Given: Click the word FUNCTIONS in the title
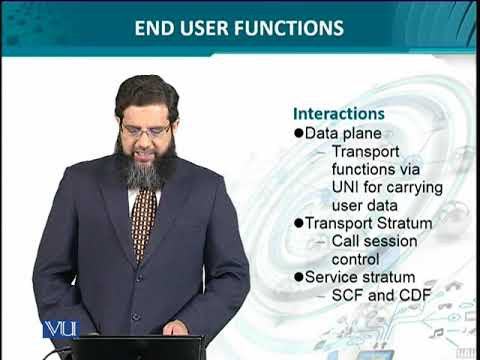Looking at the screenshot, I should click(290, 28).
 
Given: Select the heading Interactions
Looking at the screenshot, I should click(338, 114).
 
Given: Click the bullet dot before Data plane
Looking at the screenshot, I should click(297, 133).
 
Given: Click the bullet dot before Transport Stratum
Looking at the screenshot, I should click(297, 223).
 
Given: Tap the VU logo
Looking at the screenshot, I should click(60, 329).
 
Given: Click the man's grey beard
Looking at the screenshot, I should click(145, 170).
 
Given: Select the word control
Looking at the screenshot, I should click(356, 259).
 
